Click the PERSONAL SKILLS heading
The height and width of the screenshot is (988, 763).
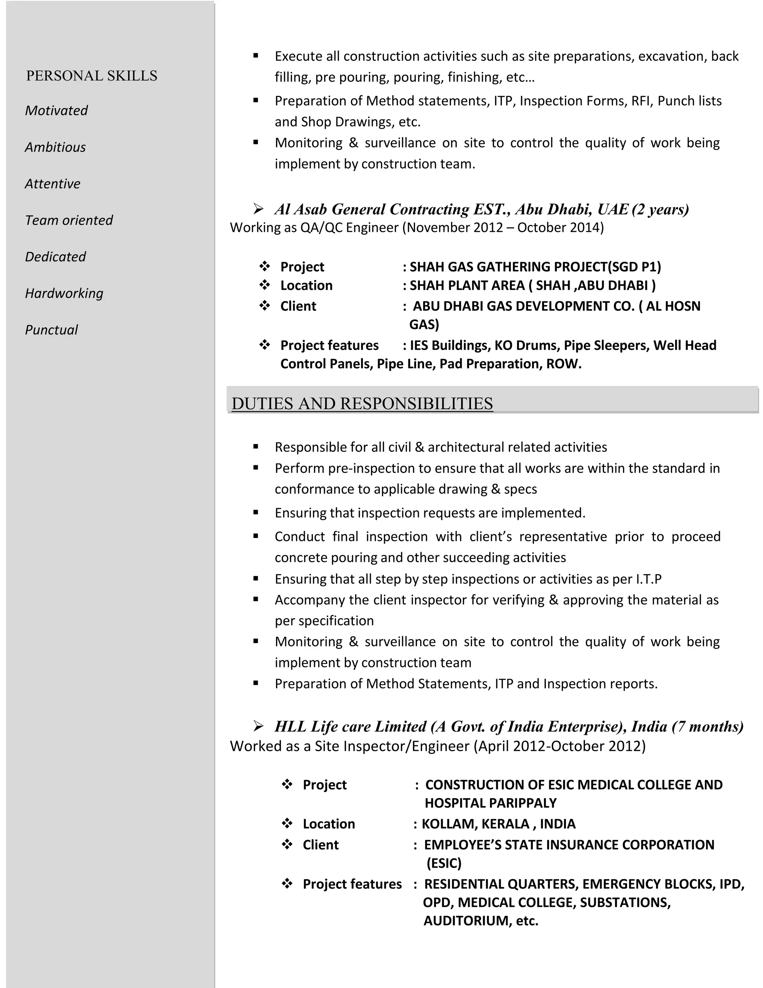[92, 76]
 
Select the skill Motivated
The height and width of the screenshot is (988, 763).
[56, 110]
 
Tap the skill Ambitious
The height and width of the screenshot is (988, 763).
[55, 147]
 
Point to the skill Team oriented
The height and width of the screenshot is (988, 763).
[69, 220]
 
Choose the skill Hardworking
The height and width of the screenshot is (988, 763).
[64, 293]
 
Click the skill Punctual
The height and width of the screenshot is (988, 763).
[51, 330]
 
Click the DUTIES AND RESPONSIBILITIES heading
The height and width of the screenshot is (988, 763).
[362, 403]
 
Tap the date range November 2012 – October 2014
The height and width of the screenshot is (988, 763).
[503, 227]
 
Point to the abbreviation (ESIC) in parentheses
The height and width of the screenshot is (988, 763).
[444, 863]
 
